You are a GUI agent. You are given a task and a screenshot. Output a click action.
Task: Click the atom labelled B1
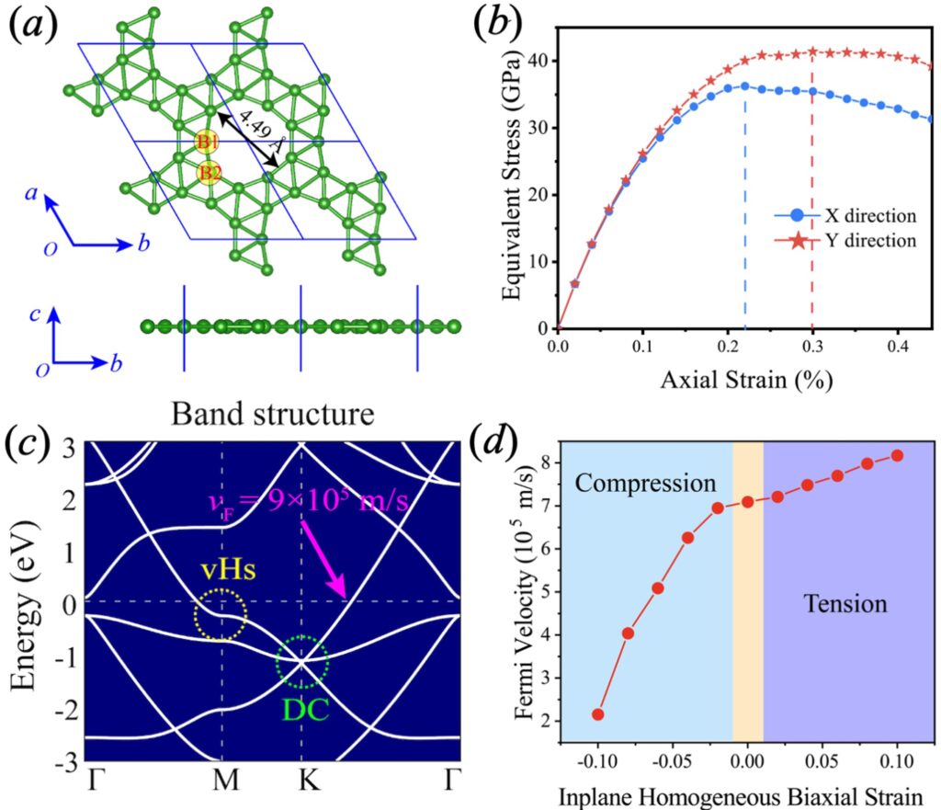pos(208,142)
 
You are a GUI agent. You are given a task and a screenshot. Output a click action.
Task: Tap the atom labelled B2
pos(209,173)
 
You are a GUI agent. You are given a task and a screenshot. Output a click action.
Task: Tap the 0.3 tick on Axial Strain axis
pos(812,348)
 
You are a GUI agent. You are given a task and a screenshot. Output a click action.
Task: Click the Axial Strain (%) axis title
pos(746,380)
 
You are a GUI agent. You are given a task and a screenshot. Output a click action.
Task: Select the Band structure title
pos(272,414)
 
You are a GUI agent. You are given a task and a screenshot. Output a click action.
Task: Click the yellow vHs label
pos(228,568)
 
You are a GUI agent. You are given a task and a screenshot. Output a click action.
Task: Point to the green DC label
pos(305,711)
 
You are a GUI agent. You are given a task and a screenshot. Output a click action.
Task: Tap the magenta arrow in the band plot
pos(324,559)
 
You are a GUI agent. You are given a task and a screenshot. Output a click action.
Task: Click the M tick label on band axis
pos(226,780)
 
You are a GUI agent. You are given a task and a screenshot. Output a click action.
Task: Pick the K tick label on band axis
pos(310,780)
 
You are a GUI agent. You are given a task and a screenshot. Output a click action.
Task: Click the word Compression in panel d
pos(645,484)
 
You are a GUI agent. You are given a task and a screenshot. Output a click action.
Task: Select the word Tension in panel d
pos(845,603)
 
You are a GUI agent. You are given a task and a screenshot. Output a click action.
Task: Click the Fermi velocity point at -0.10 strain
pos(597,714)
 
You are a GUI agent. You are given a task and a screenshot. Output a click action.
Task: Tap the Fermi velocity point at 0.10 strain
pos(897,456)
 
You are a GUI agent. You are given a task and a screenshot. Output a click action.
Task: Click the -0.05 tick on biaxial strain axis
pos(670,762)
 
